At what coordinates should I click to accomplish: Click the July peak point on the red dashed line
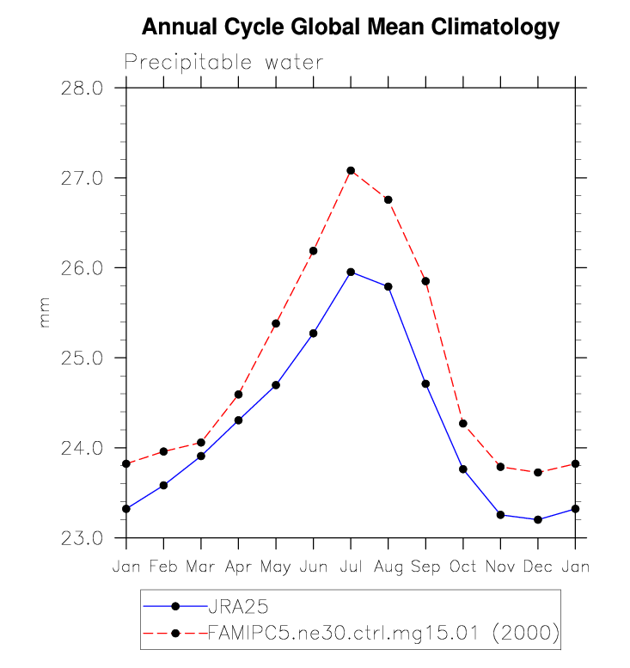point(351,170)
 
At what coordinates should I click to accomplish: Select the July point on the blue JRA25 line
point(351,272)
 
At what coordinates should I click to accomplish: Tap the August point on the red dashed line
point(388,199)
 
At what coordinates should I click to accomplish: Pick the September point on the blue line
point(425,383)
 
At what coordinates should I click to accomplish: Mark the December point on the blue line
point(538,519)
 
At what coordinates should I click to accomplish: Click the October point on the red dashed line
point(463,423)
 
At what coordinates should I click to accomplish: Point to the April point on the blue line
point(238,420)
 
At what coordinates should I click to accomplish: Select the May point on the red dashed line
point(276,323)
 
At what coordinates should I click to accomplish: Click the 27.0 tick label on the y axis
point(83,178)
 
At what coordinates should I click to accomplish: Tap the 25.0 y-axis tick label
point(83,358)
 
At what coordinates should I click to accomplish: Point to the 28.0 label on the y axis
point(83,88)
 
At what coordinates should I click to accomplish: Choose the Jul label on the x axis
point(351,567)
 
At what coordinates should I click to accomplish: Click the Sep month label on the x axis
point(425,567)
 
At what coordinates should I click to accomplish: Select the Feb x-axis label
point(163,567)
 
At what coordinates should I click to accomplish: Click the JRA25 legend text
point(233,606)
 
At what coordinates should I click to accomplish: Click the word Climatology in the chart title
point(484,28)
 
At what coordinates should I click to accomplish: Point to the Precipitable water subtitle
point(223,62)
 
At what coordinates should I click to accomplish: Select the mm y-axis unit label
point(45,313)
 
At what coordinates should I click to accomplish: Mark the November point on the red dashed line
point(500,467)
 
